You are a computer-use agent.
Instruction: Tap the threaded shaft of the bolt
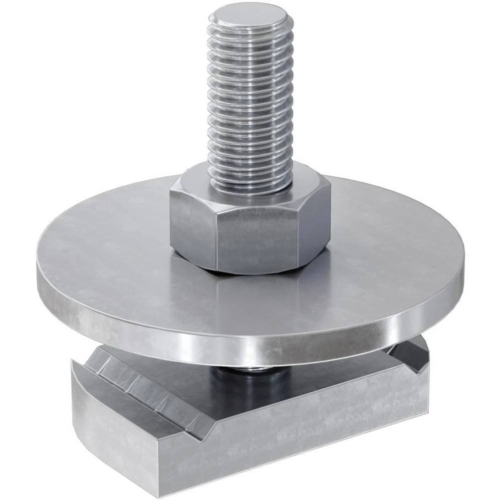click(249, 100)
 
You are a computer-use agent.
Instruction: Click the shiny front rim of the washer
click(250, 346)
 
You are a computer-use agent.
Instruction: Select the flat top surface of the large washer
click(115, 261)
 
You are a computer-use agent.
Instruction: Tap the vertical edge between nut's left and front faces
click(215, 240)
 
